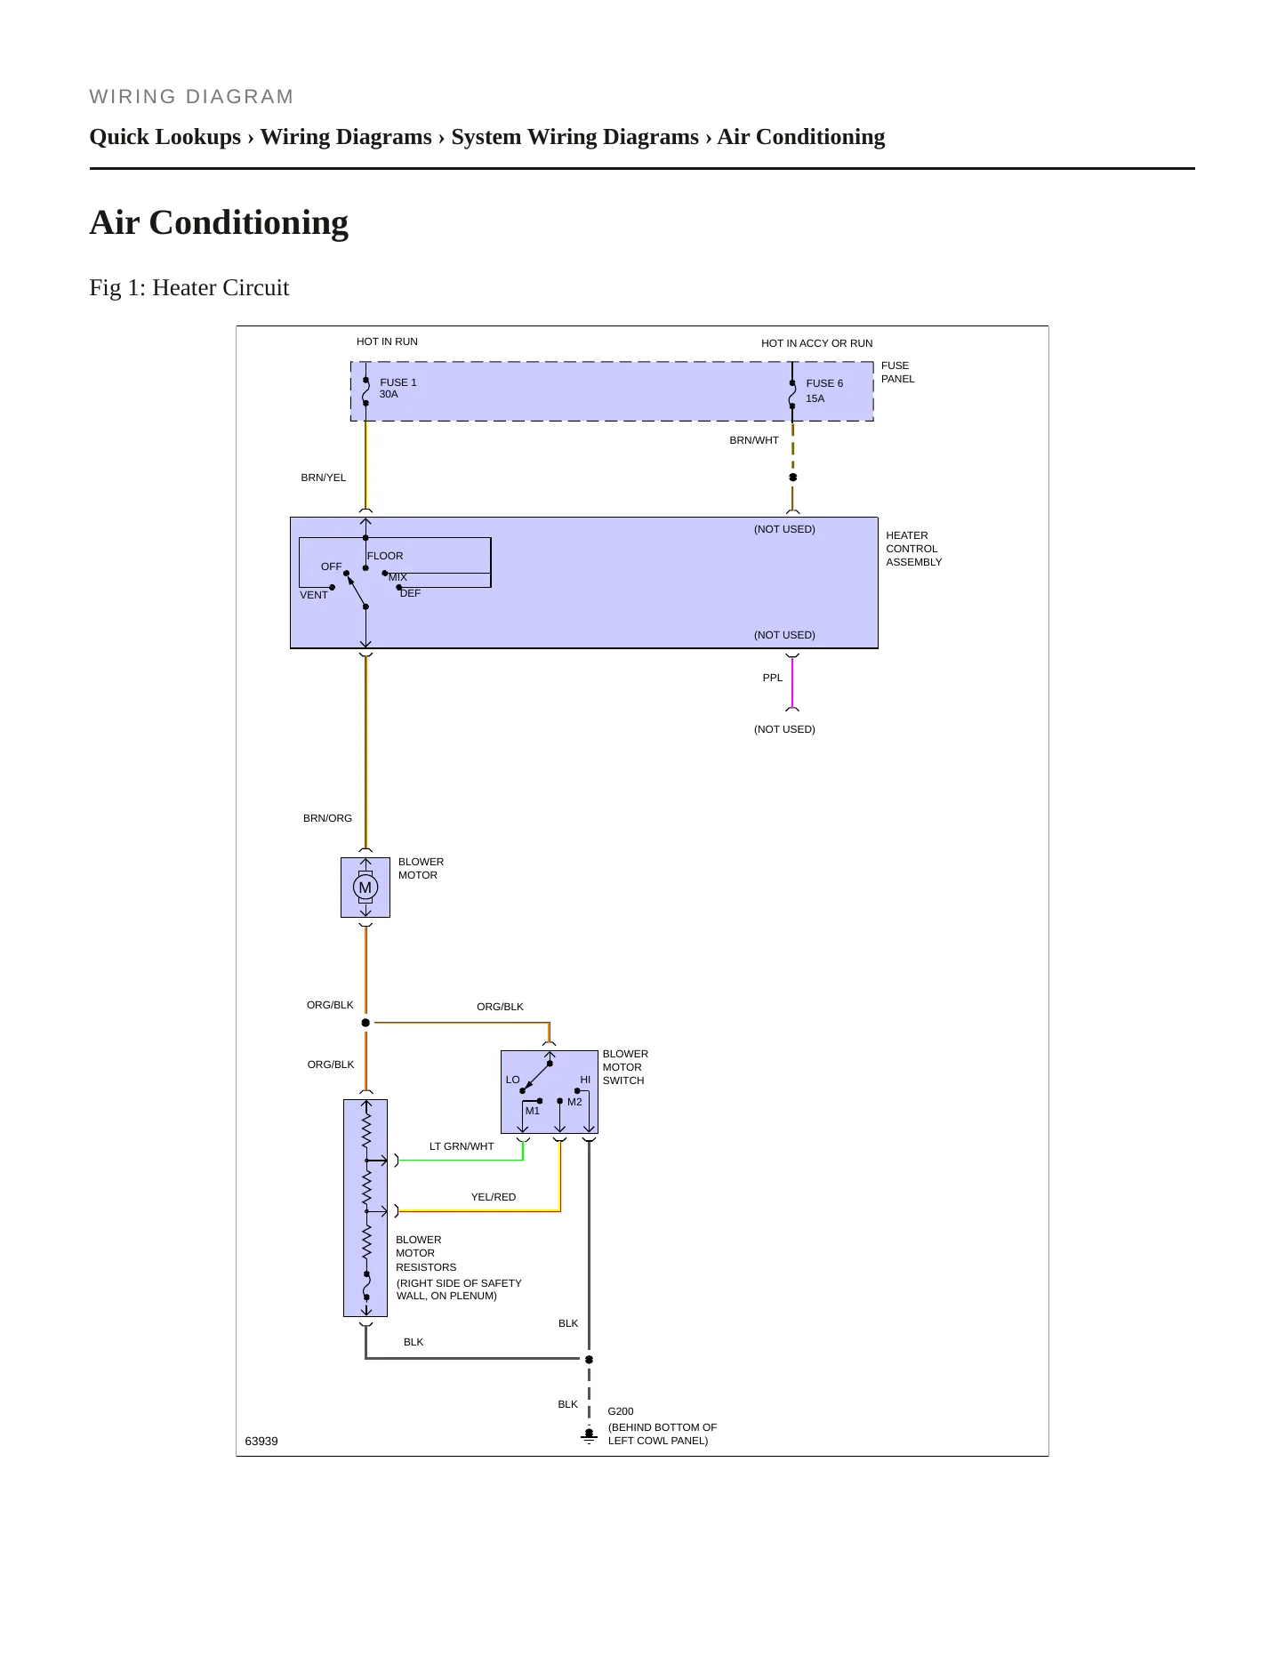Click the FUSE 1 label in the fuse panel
[x=398, y=382]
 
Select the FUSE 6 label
[x=824, y=383]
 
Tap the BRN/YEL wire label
[x=324, y=478]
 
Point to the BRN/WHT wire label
[x=754, y=440]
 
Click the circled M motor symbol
[x=365, y=888]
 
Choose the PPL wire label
[x=773, y=678]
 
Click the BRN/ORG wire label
[x=327, y=818]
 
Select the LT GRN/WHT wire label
[x=462, y=1146]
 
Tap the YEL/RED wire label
[x=494, y=1197]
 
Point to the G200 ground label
[x=621, y=1411]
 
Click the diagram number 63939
[x=261, y=1441]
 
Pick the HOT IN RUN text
[x=387, y=341]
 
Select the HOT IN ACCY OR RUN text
[x=816, y=343]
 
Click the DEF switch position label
[x=410, y=593]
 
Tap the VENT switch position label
[x=314, y=595]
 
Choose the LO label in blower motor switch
[x=513, y=1080]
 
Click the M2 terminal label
[x=574, y=1102]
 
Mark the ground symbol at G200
[x=589, y=1435]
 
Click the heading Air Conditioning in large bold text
[x=219, y=222]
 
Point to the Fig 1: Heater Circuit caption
[x=189, y=287]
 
